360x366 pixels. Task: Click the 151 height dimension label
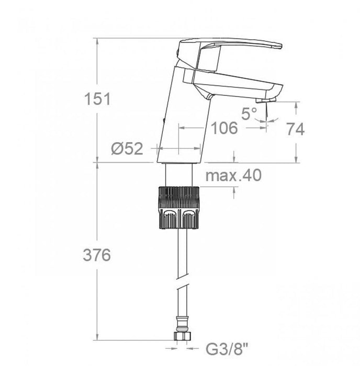point(98,98)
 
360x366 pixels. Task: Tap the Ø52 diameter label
point(127,149)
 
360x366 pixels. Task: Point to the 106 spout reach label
point(225,127)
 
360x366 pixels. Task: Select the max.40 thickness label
point(233,176)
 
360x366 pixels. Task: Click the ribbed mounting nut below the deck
point(179,207)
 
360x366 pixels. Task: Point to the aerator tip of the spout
point(266,98)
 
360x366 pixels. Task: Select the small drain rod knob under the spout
point(208,96)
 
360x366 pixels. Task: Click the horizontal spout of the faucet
point(235,84)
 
